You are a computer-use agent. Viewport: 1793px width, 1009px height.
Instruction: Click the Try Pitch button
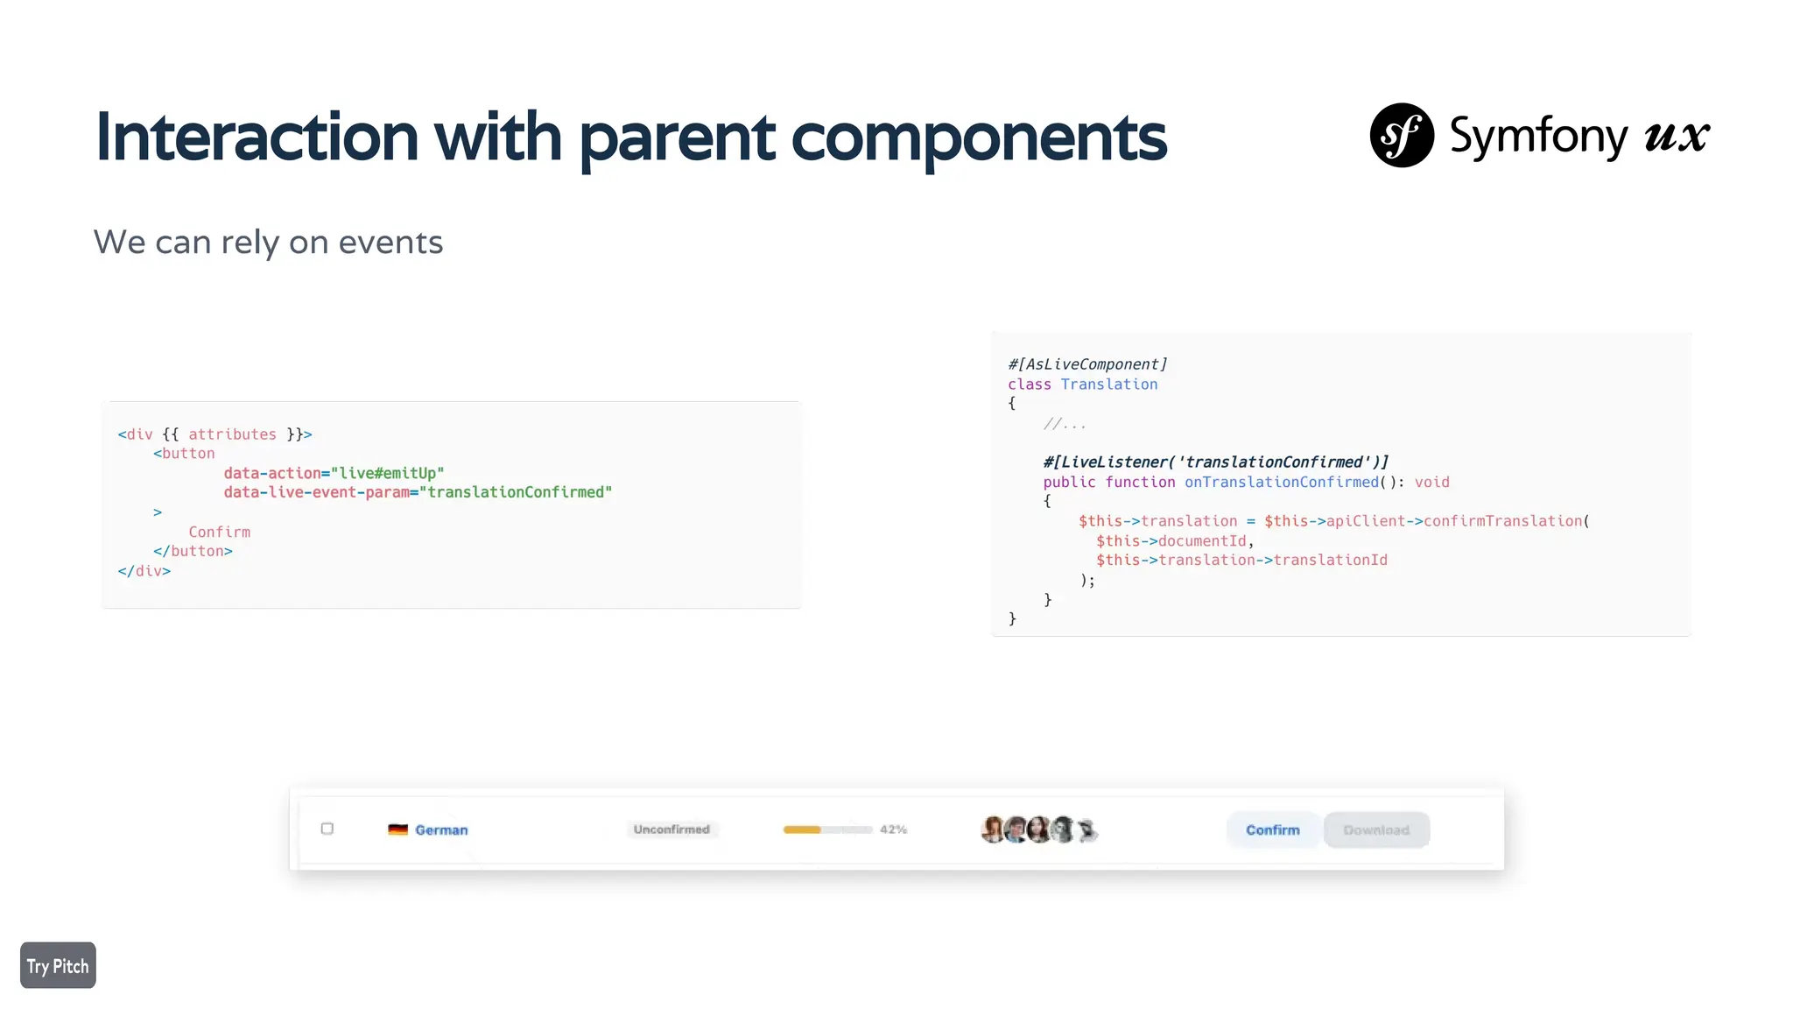58,965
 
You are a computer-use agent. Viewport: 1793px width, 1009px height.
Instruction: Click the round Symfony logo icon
1401,135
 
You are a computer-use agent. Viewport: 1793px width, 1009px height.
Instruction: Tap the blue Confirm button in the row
1272,829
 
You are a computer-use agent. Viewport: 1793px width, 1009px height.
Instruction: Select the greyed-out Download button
1376,829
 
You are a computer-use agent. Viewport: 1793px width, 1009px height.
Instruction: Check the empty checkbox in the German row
327,829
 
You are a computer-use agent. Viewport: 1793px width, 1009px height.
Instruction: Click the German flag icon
397,829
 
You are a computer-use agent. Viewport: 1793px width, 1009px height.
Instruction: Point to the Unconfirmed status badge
671,829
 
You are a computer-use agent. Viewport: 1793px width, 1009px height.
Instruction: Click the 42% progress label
893,829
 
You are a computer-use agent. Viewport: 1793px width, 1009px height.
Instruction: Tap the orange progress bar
802,829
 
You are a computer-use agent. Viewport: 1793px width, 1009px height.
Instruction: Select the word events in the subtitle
390,242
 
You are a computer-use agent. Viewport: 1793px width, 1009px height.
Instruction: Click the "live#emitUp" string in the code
387,473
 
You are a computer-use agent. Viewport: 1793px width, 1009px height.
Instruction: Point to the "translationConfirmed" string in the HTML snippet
516,492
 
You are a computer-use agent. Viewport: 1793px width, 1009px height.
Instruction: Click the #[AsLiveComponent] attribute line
1087,364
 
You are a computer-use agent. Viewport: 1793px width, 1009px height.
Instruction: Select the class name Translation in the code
1108,385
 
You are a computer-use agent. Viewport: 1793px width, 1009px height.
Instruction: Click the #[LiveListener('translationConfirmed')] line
1215,462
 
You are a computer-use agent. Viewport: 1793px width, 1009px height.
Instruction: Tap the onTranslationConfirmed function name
1281,482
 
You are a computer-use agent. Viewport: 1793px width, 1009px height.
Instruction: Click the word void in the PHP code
1431,482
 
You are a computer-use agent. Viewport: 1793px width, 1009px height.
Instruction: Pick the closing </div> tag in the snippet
144,571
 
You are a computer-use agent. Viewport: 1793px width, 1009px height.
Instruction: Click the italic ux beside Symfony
1676,136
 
